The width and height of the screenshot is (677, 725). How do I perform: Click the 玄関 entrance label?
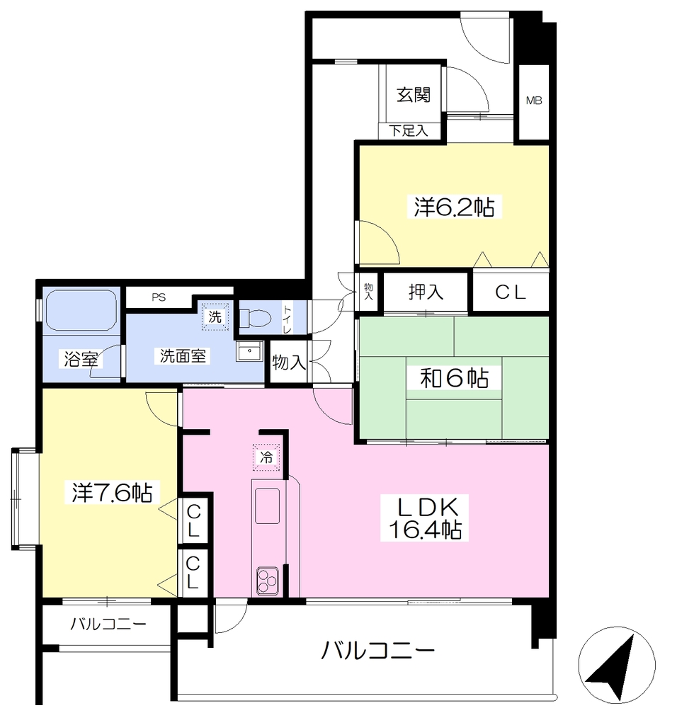(x=414, y=95)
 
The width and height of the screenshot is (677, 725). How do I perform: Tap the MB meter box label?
(x=534, y=101)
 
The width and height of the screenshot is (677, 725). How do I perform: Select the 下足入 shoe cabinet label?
(x=408, y=130)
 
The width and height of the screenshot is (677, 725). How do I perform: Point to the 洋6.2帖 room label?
(x=454, y=207)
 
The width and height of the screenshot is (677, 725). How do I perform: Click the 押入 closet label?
(x=426, y=292)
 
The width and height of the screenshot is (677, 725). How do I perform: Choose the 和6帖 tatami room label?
(x=454, y=378)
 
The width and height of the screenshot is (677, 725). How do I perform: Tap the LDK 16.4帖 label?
(x=424, y=518)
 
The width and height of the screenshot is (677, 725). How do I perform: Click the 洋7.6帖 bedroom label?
(x=112, y=493)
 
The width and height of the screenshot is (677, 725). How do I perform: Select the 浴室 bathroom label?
(x=81, y=359)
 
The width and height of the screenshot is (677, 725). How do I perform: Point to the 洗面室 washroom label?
(x=183, y=356)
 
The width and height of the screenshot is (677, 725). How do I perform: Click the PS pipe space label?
(x=159, y=297)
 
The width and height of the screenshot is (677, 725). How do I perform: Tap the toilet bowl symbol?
(x=255, y=318)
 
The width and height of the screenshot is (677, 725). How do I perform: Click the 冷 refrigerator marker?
(x=266, y=457)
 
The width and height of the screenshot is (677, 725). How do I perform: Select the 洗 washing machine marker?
(x=215, y=316)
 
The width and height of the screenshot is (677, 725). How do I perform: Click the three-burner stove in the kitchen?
(x=267, y=581)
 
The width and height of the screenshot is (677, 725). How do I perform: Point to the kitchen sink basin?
(x=267, y=506)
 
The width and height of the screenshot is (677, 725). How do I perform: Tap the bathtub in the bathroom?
(x=81, y=310)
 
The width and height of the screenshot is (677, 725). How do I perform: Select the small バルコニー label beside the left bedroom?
(x=108, y=624)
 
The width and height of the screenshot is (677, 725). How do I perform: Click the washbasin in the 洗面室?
(x=249, y=351)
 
